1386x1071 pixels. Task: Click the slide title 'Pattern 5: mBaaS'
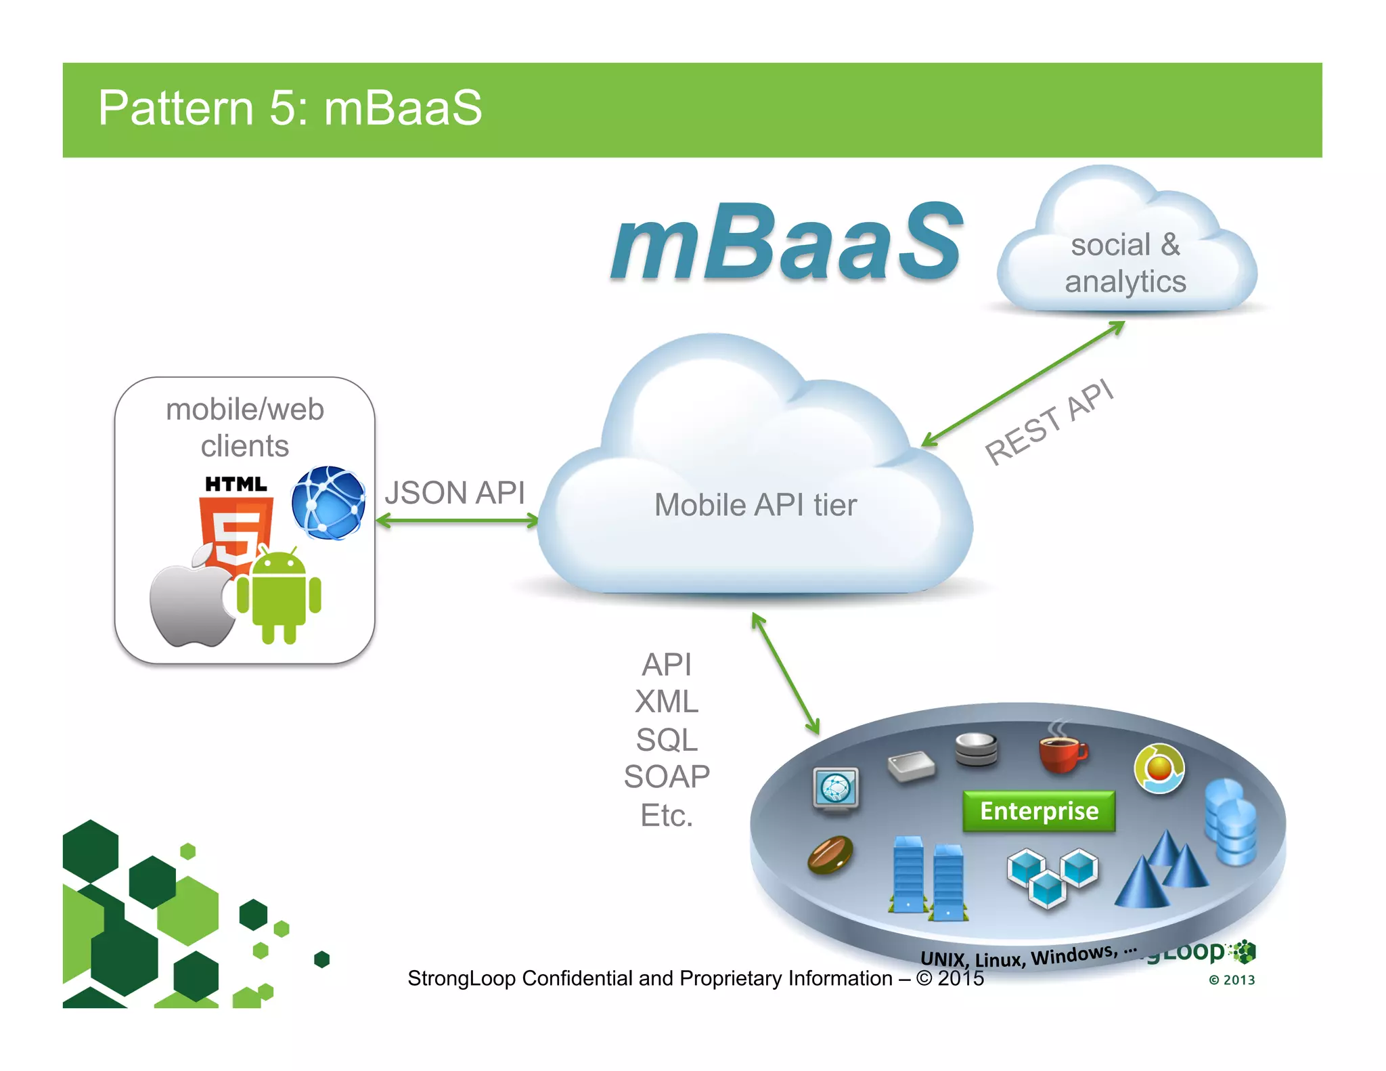click(x=290, y=108)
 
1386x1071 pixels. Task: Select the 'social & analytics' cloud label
click(x=1125, y=263)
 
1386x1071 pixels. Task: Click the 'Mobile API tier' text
click(x=755, y=505)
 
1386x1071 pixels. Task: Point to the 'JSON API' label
click(x=455, y=492)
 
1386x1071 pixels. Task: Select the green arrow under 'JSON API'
click(x=457, y=521)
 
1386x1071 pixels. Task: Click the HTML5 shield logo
click(x=236, y=528)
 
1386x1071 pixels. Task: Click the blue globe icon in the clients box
click(x=329, y=503)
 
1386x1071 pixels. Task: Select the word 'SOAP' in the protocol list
click(x=667, y=777)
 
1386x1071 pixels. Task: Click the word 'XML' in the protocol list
click(x=667, y=701)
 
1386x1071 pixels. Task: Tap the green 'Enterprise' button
click(x=1039, y=811)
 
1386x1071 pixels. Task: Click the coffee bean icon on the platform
click(x=830, y=854)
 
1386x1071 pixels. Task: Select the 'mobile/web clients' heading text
click(x=245, y=427)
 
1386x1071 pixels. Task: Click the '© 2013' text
click(x=1232, y=980)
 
